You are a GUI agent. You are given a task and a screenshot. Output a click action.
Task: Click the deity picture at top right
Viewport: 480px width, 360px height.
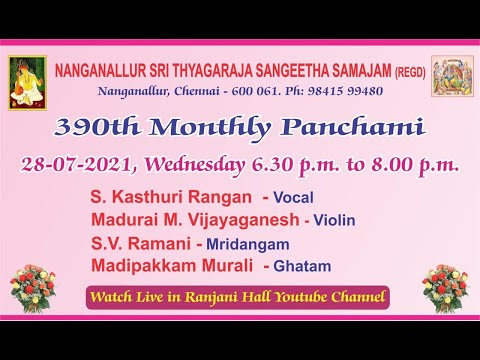pos(452,76)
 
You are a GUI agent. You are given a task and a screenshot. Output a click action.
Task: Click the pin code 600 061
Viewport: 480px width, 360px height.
pos(256,91)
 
